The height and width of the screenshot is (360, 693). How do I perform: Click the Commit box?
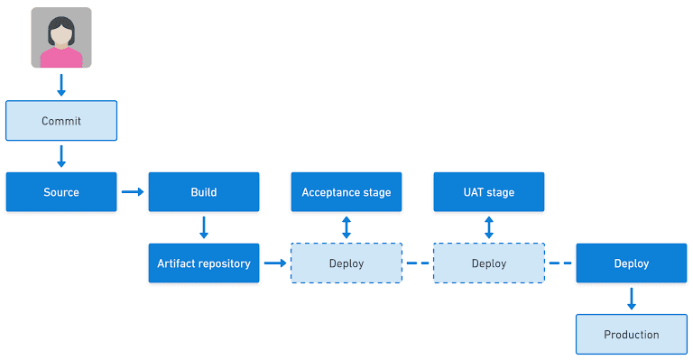61,121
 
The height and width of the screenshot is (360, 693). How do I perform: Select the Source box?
61,192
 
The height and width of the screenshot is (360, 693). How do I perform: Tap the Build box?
204,192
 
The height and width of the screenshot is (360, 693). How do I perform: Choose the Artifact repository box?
204,263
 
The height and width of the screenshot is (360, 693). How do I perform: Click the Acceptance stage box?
346,192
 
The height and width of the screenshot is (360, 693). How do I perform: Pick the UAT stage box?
489,192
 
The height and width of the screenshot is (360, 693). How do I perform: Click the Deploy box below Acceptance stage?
346,263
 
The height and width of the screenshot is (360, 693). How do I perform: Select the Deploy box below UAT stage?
489,263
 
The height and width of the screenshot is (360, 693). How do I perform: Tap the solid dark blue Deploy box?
632,263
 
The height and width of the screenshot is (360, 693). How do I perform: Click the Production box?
632,335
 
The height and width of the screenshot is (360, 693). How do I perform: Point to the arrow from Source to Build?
133,191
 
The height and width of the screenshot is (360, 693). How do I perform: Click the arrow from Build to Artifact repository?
204,227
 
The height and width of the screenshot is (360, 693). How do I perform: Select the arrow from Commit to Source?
61,156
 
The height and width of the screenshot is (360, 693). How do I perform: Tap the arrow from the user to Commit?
61,85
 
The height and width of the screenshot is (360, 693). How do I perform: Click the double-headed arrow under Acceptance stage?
346,227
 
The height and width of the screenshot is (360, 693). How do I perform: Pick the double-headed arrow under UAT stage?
489,227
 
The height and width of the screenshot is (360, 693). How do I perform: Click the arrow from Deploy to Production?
632,299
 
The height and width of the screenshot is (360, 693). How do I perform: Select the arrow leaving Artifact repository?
275,263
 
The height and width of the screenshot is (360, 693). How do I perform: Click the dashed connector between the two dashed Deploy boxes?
418,263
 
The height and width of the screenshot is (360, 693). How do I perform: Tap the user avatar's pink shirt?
61,58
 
